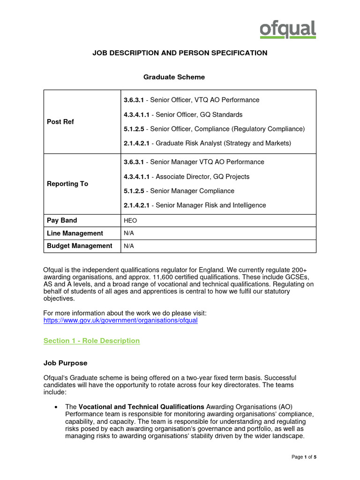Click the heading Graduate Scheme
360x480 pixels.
(x=173, y=77)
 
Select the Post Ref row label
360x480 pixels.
(x=60, y=122)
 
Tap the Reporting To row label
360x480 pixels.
(x=67, y=184)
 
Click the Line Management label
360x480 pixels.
(x=75, y=233)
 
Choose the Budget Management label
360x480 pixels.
(x=80, y=246)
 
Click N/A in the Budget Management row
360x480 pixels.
(x=129, y=246)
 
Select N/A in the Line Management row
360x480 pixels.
(x=129, y=233)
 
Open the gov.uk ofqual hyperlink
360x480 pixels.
(x=120, y=320)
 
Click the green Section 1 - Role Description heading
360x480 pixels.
(x=91, y=341)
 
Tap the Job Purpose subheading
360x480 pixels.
(x=65, y=363)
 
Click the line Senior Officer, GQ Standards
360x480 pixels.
(x=183, y=114)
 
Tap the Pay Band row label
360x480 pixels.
(x=62, y=220)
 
